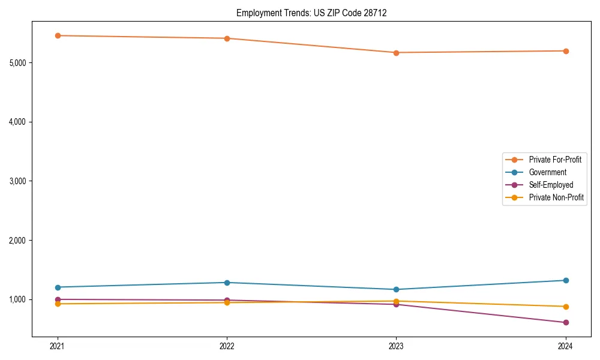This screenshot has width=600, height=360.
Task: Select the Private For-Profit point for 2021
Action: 58,35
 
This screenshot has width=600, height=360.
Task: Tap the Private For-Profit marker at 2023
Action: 396,53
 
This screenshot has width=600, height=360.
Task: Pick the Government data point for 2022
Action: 227,283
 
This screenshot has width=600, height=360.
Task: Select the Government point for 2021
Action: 58,287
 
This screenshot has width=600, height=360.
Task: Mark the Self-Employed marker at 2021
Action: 58,299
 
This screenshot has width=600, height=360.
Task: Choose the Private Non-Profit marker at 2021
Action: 58,304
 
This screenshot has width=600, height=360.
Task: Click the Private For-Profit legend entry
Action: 554,160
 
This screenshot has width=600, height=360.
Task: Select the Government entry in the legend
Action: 547,172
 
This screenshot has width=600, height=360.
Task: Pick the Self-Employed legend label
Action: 551,185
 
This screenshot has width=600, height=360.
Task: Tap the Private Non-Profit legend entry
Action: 556,197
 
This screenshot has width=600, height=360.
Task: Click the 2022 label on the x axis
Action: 227,346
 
